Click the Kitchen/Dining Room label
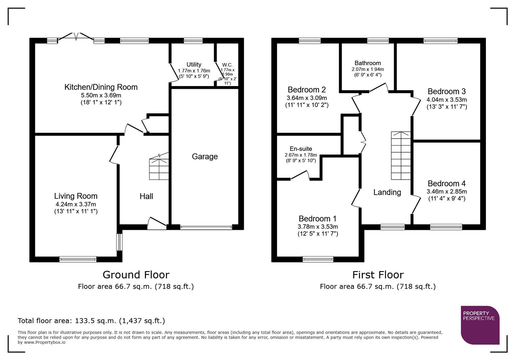click(101, 87)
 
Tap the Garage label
click(204, 156)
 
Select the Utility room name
click(194, 64)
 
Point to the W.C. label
click(227, 65)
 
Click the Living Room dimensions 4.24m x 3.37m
click(76, 204)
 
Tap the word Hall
click(146, 196)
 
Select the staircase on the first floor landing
click(401, 156)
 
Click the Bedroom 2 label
click(307, 90)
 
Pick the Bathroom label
click(368, 63)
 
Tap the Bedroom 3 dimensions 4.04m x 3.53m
click(447, 100)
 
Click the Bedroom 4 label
click(447, 183)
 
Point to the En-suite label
click(301, 149)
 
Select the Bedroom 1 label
click(318, 219)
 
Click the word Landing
click(387, 192)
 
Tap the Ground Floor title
click(136, 275)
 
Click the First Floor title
click(378, 275)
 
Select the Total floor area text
click(91, 321)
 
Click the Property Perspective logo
click(480, 325)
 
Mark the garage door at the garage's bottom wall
click(206, 227)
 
